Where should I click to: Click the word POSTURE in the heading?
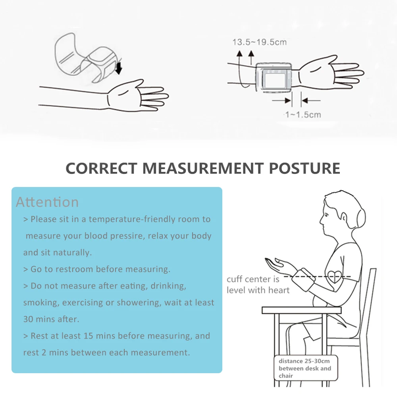pyautogui.click(x=304, y=168)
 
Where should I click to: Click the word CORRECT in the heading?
pyautogui.click(x=101, y=168)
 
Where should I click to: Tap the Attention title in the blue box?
pyautogui.click(x=47, y=202)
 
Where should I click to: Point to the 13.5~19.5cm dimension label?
pyautogui.click(x=260, y=42)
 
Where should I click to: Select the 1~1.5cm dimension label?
pyautogui.click(x=303, y=115)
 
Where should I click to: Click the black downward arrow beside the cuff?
pyautogui.click(x=118, y=67)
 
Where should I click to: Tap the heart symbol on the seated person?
pyautogui.click(x=335, y=277)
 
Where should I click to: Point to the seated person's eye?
pyautogui.click(x=326, y=215)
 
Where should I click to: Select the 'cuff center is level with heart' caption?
pyautogui.click(x=258, y=285)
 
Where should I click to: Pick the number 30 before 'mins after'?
pyautogui.click(x=28, y=319)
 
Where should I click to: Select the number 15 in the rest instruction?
pyautogui.click(x=89, y=336)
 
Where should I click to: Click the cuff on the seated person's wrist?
pyautogui.click(x=303, y=279)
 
